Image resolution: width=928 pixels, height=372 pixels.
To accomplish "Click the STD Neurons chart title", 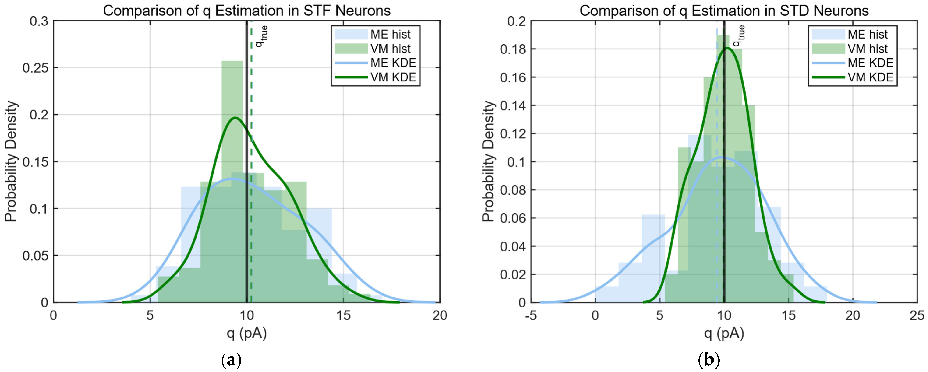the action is [x=724, y=11].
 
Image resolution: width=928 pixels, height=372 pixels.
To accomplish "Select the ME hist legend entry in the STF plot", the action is [x=375, y=34].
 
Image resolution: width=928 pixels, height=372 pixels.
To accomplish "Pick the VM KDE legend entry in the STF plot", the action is [x=375, y=77].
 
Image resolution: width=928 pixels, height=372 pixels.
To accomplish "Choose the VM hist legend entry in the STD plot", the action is [x=852, y=49].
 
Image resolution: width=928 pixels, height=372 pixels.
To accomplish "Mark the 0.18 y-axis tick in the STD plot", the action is [x=513, y=49].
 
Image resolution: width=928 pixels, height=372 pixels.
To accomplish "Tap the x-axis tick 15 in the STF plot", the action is [x=343, y=316].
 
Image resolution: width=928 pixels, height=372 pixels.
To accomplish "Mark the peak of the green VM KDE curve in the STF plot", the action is [x=235, y=118].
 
